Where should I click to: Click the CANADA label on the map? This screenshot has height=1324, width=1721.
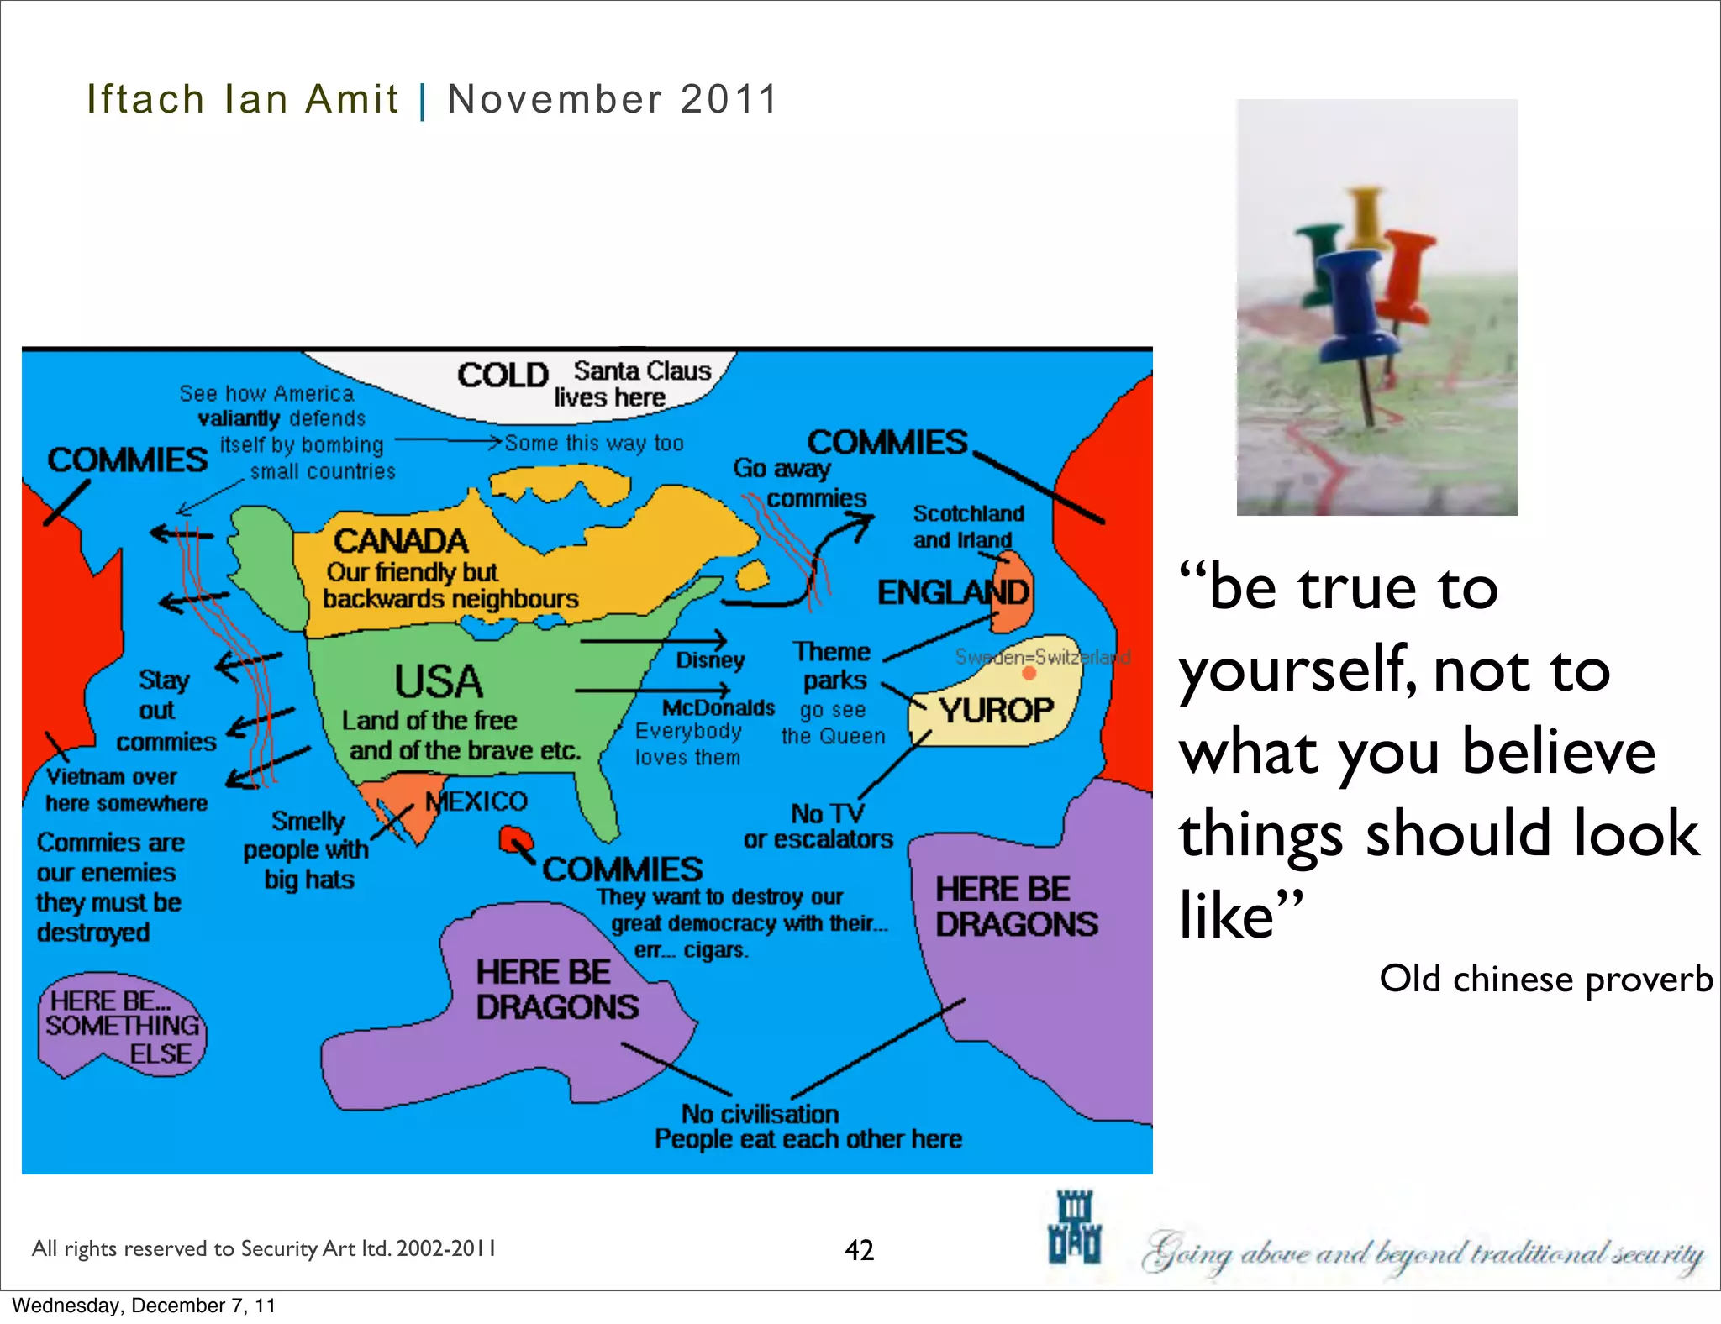tap(400, 541)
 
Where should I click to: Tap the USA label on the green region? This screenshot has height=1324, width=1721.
tap(439, 681)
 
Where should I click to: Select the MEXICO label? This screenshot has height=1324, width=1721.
tap(476, 801)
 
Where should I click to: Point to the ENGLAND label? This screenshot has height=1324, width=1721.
tap(952, 592)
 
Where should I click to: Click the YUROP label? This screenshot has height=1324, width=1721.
tap(996, 711)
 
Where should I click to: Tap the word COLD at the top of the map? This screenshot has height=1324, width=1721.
tap(503, 375)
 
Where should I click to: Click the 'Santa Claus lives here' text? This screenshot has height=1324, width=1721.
tap(630, 384)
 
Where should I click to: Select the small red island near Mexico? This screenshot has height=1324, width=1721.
tap(514, 838)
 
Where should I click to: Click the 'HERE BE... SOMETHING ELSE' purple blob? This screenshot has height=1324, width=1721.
tap(122, 1026)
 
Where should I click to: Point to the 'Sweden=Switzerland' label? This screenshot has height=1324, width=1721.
tap(1042, 657)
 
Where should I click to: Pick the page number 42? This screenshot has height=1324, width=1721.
tap(859, 1250)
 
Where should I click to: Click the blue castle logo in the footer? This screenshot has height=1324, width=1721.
tap(1074, 1227)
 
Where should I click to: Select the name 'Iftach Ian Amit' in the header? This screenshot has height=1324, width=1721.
tap(242, 99)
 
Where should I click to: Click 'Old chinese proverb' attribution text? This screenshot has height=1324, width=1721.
tap(1545, 979)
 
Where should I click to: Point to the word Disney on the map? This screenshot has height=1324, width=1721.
tap(710, 660)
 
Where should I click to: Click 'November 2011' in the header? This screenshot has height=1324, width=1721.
tap(612, 99)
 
